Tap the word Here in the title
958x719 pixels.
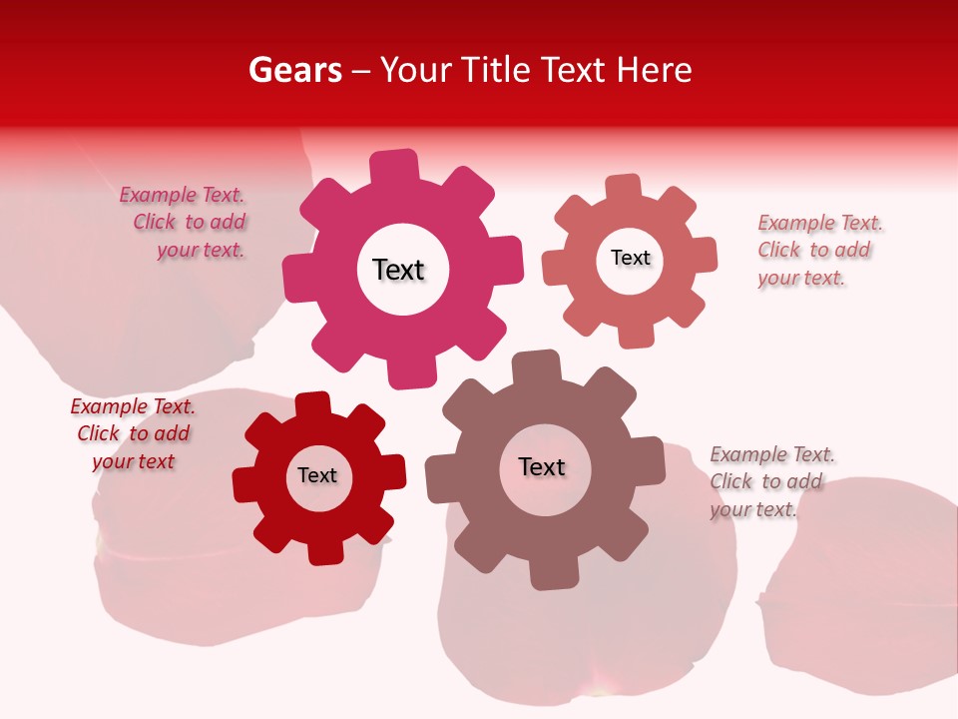tap(654, 70)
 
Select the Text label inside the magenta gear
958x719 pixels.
tap(398, 270)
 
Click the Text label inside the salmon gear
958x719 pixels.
tap(630, 258)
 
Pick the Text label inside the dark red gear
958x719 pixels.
tap(317, 475)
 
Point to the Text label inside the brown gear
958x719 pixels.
tap(542, 466)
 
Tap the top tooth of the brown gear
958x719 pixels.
tap(535, 367)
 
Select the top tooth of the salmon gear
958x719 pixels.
tap(624, 188)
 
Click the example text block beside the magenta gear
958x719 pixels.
tap(184, 223)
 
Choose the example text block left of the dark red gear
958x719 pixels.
tap(133, 434)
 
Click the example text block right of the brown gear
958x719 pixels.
tap(770, 481)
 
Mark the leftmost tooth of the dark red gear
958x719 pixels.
tap(246, 483)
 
